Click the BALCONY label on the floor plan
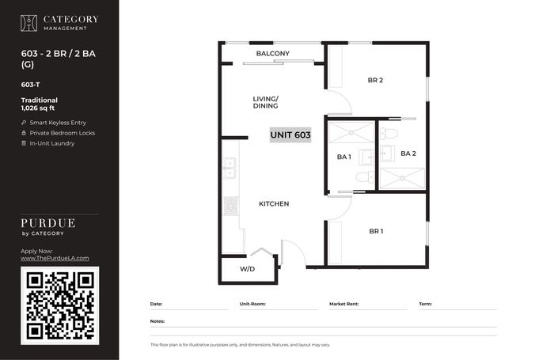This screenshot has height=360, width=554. pyautogui.click(x=273, y=53)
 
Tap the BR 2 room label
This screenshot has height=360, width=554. pyautogui.click(x=375, y=80)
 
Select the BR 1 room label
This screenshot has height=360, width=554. pyautogui.click(x=376, y=231)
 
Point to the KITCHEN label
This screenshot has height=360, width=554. pyautogui.click(x=274, y=204)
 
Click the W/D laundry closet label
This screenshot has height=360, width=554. pyautogui.click(x=247, y=269)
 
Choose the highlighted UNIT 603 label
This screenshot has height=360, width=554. pyautogui.click(x=290, y=135)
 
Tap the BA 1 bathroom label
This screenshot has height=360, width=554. pyautogui.click(x=343, y=157)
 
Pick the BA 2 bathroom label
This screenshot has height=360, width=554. pyautogui.click(x=408, y=153)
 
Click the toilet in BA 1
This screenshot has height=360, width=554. pyautogui.click(x=365, y=176)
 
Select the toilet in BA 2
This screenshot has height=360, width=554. pyautogui.click(x=389, y=134)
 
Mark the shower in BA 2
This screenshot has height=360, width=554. pyautogui.click(x=402, y=179)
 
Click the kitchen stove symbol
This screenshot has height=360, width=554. pyautogui.click(x=231, y=206)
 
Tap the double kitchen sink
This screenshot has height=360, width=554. pyautogui.click(x=230, y=169)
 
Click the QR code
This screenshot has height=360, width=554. pyautogui.click(x=60, y=305)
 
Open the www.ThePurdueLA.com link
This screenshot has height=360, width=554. pyautogui.click(x=55, y=258)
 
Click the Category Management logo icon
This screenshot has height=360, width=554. pyautogui.click(x=28, y=23)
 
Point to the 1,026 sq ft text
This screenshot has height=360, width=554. pyautogui.click(x=38, y=108)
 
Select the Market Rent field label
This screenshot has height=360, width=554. pyautogui.click(x=343, y=304)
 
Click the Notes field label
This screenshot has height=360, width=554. pyautogui.click(x=157, y=321)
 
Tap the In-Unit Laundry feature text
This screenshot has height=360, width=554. pyautogui.click(x=52, y=143)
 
